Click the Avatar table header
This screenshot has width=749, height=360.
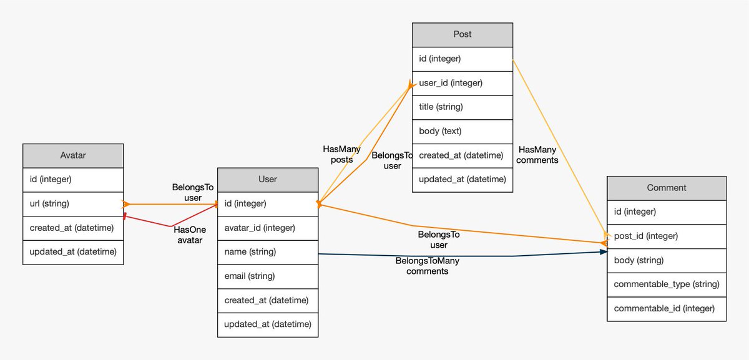click(73, 155)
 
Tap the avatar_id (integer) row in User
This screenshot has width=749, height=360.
click(268, 228)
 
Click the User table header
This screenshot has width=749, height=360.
click(268, 180)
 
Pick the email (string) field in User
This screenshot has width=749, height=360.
click(268, 276)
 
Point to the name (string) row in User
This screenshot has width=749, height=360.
click(268, 252)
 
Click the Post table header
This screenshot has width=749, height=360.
click(463, 34)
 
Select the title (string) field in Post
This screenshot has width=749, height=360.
click(463, 107)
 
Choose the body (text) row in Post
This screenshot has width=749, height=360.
click(463, 132)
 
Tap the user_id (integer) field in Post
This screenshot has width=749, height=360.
click(463, 83)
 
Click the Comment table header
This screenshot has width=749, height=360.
click(667, 188)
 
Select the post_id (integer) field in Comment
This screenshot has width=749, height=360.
click(667, 236)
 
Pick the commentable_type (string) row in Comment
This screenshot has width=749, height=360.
click(667, 285)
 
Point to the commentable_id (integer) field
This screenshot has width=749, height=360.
click(667, 309)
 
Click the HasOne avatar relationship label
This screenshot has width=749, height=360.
click(190, 235)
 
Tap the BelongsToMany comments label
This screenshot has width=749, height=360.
click(428, 266)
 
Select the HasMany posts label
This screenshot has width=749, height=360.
click(341, 155)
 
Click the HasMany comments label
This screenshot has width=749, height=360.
click(537, 155)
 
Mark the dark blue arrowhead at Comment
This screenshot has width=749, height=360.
click(604, 251)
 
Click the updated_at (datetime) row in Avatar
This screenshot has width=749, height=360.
click(73, 252)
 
